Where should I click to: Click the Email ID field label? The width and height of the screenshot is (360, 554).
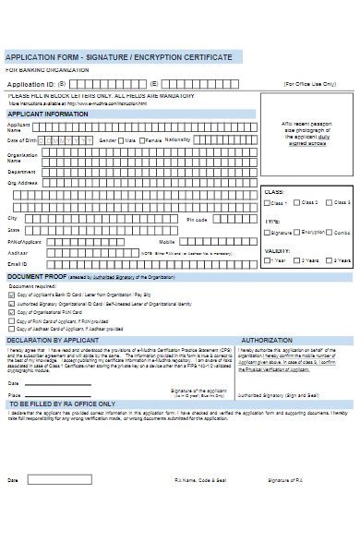coord(17,263)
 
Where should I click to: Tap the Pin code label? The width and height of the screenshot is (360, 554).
coord(197,220)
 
